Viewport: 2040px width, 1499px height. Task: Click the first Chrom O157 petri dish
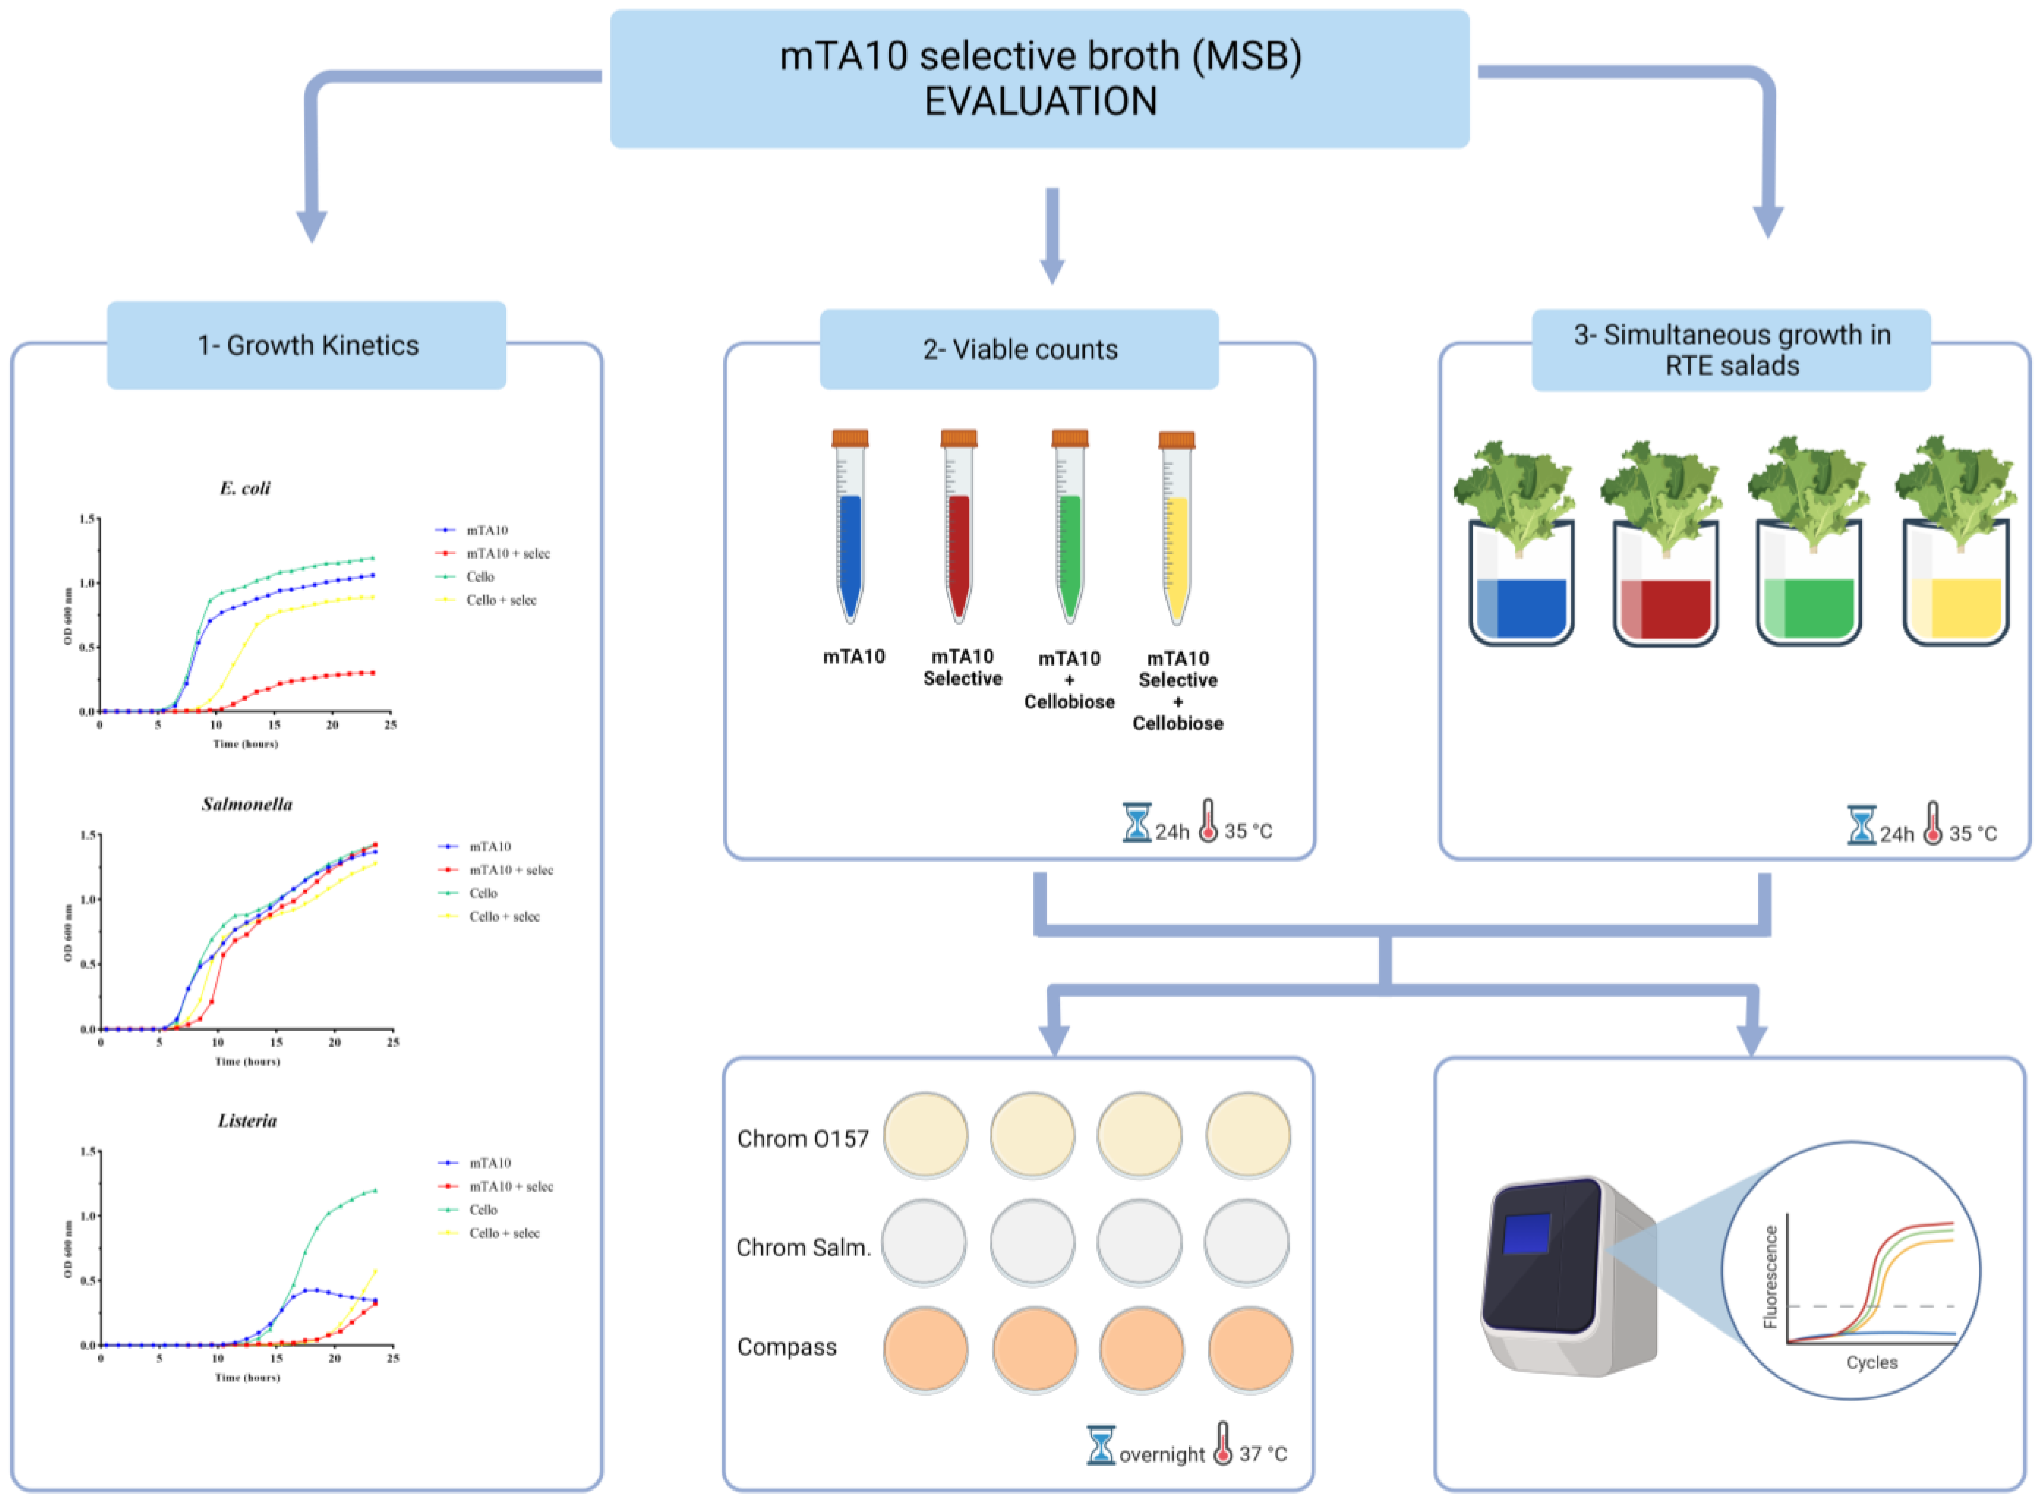pyautogui.click(x=925, y=1135)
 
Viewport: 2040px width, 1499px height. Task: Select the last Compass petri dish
pyautogui.click(x=1250, y=1349)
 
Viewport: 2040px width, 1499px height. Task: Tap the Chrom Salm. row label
pyautogui.click(x=803, y=1248)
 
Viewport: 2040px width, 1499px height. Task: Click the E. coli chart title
pyautogui.click(x=245, y=488)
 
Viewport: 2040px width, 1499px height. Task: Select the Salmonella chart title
pyautogui.click(x=247, y=805)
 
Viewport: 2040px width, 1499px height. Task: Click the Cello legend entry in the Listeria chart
pyautogui.click(x=483, y=1210)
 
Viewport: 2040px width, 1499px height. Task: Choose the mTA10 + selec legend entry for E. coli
pyautogui.click(x=508, y=553)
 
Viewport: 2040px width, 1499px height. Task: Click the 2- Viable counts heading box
pyautogui.click(x=1020, y=349)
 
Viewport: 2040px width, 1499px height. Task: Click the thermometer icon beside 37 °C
pyautogui.click(x=1223, y=1443)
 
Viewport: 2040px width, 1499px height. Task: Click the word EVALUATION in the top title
pyautogui.click(x=1040, y=101)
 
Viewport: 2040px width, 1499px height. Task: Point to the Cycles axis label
pyautogui.click(x=1871, y=1362)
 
